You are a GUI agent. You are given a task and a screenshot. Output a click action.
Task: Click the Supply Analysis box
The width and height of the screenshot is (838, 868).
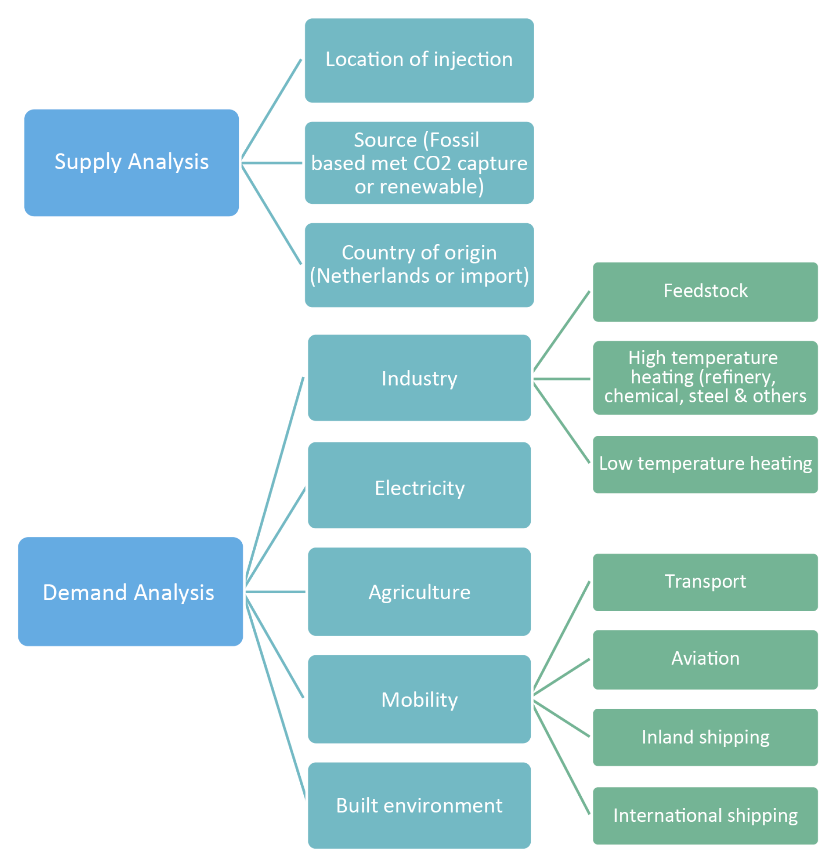(x=131, y=163)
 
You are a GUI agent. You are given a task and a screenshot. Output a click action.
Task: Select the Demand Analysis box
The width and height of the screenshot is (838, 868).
(x=131, y=592)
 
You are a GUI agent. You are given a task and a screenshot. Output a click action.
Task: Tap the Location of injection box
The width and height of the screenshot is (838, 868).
(x=419, y=60)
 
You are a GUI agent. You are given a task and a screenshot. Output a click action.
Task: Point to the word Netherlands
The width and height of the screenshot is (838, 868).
(x=373, y=277)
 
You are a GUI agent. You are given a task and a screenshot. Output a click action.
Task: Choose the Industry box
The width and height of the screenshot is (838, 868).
(x=419, y=378)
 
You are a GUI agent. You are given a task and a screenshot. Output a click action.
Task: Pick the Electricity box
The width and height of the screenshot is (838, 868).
(x=419, y=485)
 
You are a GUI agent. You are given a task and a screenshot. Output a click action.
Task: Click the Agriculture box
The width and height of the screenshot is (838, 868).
(x=419, y=592)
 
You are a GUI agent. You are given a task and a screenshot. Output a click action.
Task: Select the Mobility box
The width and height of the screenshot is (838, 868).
(x=419, y=700)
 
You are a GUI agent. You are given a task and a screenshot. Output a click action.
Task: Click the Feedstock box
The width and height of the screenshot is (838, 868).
(x=705, y=292)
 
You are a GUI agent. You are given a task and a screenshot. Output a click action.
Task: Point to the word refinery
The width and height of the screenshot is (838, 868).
(x=741, y=377)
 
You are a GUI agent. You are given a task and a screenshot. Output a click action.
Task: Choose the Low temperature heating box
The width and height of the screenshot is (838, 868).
(x=705, y=465)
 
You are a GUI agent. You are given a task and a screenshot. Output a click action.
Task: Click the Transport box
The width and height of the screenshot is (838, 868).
(x=705, y=582)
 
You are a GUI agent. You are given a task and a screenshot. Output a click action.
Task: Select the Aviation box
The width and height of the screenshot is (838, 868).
(x=705, y=660)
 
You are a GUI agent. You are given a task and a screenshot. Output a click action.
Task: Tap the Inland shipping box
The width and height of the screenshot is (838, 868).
(x=705, y=737)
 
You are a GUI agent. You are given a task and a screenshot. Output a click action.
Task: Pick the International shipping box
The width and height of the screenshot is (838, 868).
(x=705, y=816)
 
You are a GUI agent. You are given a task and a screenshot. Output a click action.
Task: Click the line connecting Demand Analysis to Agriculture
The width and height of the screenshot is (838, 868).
(x=275, y=592)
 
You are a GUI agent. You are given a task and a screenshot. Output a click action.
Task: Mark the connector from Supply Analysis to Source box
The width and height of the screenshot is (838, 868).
(x=271, y=163)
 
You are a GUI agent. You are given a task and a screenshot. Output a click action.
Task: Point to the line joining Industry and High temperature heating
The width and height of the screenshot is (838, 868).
(x=562, y=379)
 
